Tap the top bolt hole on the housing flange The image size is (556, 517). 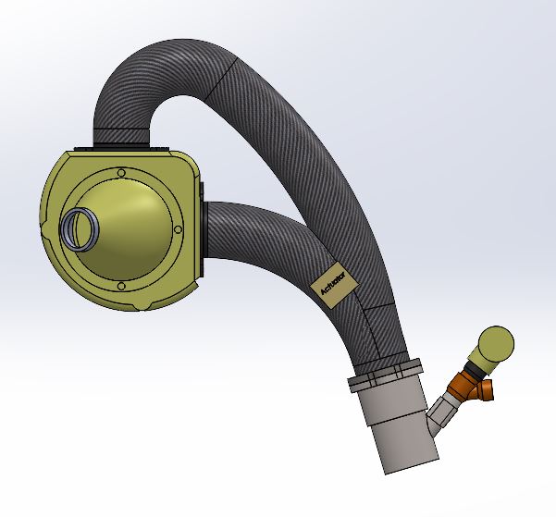tap(121, 173)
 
